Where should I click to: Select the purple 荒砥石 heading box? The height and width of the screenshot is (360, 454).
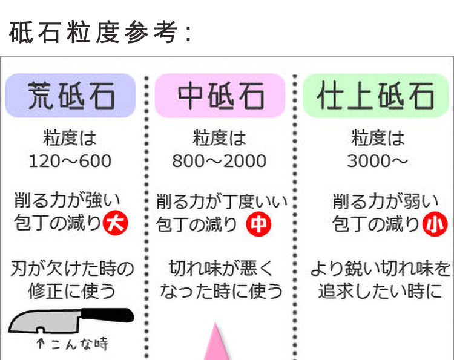point(70,96)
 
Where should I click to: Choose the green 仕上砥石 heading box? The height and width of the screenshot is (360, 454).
point(376,96)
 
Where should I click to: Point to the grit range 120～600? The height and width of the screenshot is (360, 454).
point(70,161)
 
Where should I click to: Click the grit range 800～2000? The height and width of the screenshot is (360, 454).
point(219,161)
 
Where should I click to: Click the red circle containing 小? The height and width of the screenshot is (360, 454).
point(434,224)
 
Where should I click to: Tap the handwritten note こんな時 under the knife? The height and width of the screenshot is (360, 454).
point(72,344)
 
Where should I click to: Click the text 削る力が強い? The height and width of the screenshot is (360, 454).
point(68,200)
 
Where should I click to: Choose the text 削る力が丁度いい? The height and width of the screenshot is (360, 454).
point(222,200)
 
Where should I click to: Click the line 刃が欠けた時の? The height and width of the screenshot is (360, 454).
point(72,267)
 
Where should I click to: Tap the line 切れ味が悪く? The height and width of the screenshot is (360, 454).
point(221,267)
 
